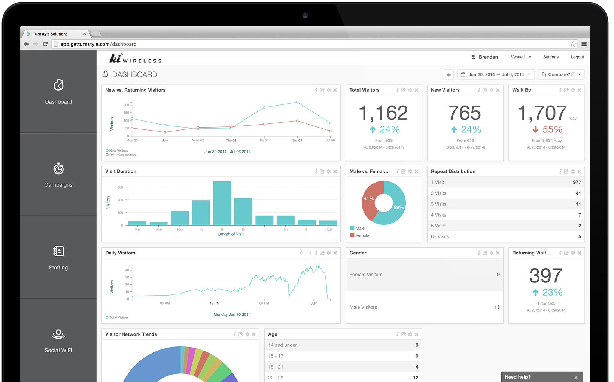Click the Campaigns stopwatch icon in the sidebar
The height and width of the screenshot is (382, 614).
point(58,169)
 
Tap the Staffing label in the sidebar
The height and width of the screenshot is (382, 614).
point(58,268)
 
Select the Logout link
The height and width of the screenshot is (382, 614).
point(577,57)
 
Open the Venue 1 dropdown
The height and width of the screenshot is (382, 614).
point(521,57)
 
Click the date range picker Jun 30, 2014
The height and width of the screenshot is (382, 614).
point(496,74)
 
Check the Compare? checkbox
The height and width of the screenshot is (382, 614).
point(573,74)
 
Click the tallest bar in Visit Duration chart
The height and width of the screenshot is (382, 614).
point(222,203)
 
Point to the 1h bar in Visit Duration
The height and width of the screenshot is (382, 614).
point(201,213)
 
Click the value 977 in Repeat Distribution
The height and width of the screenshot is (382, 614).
point(577,182)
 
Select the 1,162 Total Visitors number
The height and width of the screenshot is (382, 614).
point(383,113)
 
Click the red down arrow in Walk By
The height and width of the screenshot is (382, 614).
point(535,129)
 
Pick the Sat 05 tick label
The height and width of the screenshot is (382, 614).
point(297,140)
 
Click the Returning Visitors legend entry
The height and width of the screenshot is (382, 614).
point(121,155)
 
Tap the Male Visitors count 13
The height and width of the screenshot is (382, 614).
point(497,307)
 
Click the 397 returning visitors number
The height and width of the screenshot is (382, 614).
point(546,276)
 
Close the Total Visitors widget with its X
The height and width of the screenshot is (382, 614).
point(416,90)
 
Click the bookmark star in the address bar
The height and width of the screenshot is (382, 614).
point(573,44)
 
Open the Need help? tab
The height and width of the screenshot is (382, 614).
point(542,377)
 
